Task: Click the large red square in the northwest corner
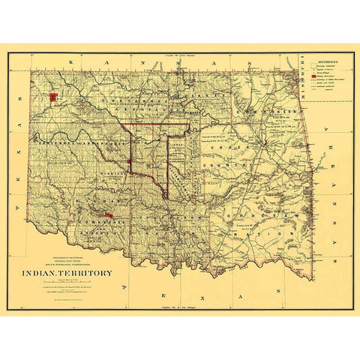[53, 97]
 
